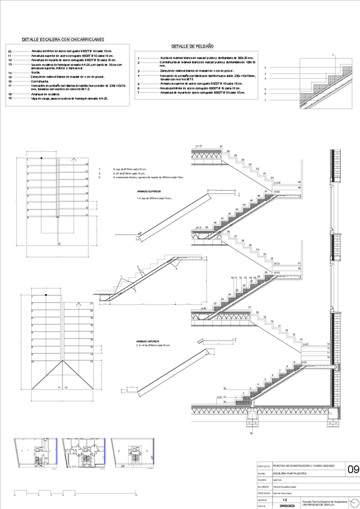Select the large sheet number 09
pos(353,469)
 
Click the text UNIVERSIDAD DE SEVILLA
pos(319,503)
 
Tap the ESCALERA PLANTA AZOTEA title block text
pos(290,474)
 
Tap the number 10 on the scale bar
pos(137,494)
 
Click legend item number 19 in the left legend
pos(10,98)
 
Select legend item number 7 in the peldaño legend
pos(139,92)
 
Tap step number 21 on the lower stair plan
pos(92,304)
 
